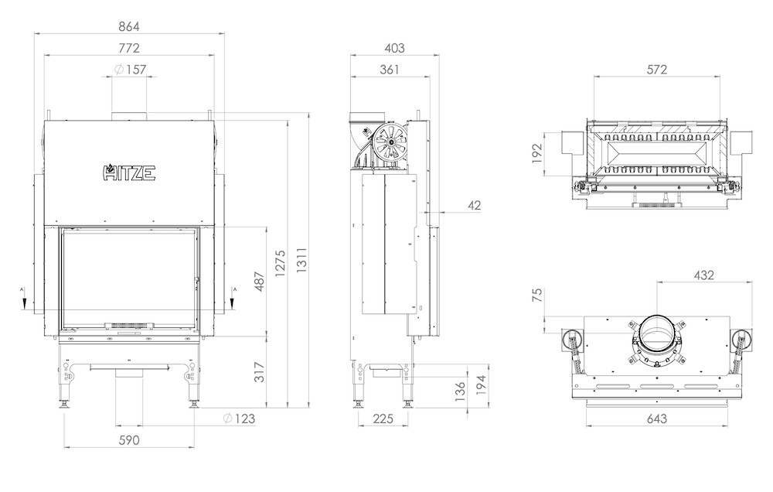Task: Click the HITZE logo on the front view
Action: [129, 173]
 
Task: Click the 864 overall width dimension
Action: [129, 26]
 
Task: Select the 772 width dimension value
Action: [129, 48]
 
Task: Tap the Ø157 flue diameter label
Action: [130, 70]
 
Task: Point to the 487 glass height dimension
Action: [260, 282]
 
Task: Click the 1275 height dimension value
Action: [281, 264]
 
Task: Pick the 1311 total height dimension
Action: [302, 260]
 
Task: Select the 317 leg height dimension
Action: [260, 372]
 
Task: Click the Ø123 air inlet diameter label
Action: [239, 419]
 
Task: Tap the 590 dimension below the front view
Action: [129, 440]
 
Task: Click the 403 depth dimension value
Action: [394, 48]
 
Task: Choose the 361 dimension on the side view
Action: [390, 70]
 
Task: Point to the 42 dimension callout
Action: [474, 205]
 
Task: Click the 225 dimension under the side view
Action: [383, 419]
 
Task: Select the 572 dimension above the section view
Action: [656, 70]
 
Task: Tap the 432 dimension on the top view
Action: [703, 275]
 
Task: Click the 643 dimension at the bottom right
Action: [656, 419]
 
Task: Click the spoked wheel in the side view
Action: [390, 142]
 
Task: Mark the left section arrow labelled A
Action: [22, 298]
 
